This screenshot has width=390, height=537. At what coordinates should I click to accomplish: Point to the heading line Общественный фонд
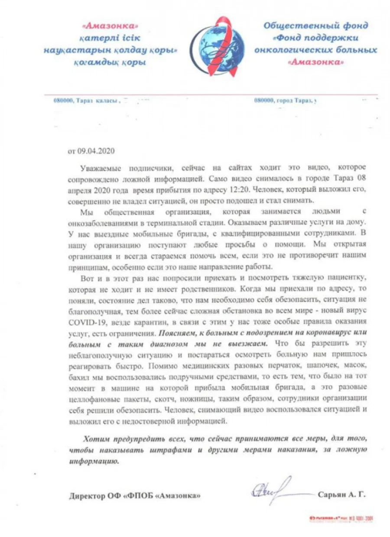[316, 25]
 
